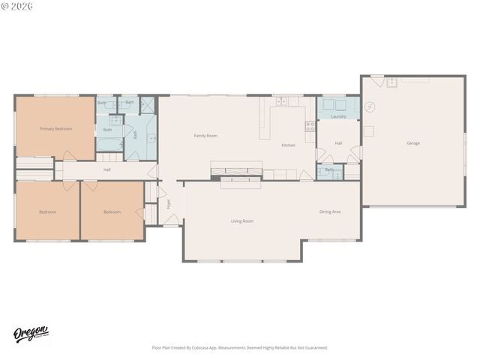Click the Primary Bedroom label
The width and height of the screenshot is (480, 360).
(56, 128)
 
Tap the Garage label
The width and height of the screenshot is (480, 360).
(413, 142)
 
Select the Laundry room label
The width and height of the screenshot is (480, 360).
(338, 116)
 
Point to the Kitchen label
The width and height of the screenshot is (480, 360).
(288, 145)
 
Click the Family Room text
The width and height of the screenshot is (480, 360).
(205, 136)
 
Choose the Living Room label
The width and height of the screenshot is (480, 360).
(241, 220)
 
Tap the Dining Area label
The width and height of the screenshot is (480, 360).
(330, 211)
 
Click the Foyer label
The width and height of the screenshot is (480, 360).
(169, 203)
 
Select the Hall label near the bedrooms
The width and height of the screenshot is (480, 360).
(107, 169)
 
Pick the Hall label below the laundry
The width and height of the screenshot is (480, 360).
(338, 142)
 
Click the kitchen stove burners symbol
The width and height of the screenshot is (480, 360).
(310, 127)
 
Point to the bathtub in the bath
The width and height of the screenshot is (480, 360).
(108, 142)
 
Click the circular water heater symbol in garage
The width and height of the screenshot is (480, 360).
(369, 107)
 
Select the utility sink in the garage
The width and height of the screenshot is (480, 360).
(391, 82)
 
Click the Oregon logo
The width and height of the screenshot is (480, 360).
(31, 334)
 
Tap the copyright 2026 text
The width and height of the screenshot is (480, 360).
(16, 7)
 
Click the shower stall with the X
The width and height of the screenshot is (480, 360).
(147, 105)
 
